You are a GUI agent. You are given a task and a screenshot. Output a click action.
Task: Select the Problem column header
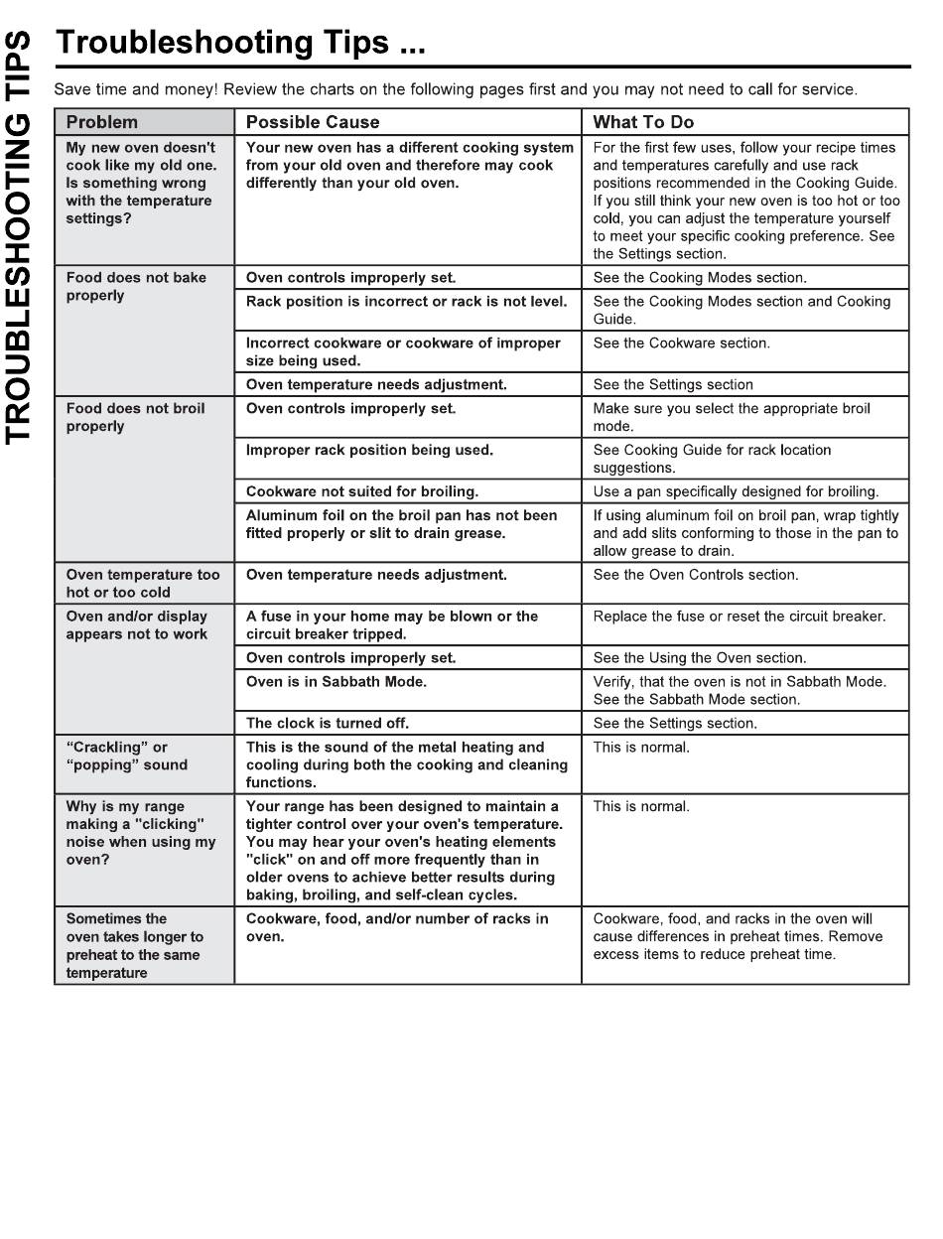tap(101, 122)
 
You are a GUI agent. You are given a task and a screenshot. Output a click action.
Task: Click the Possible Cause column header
tap(313, 122)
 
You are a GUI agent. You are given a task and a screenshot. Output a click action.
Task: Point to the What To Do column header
tap(643, 122)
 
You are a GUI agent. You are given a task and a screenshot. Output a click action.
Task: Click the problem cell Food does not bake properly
tap(136, 287)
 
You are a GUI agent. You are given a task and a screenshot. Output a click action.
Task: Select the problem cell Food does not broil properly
tap(136, 417)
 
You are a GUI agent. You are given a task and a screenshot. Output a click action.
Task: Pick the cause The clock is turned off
tap(328, 723)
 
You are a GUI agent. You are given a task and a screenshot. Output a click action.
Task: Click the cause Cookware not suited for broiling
tap(362, 491)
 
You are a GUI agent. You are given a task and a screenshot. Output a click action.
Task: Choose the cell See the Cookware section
tap(681, 343)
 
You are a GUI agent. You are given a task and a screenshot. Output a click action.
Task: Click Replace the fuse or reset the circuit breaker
tap(740, 617)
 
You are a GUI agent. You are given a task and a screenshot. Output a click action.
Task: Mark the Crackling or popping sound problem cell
tap(126, 757)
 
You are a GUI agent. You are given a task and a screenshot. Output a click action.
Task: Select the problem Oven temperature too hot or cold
tap(143, 583)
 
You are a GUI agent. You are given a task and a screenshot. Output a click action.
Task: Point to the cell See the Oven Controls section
tap(695, 575)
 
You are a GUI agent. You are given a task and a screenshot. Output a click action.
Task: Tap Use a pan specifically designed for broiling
tap(736, 491)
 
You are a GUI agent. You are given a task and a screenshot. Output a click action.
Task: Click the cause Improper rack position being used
tap(369, 450)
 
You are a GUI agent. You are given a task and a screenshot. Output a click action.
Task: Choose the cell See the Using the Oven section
tap(700, 657)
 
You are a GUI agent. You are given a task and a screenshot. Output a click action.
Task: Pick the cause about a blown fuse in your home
tap(392, 625)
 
